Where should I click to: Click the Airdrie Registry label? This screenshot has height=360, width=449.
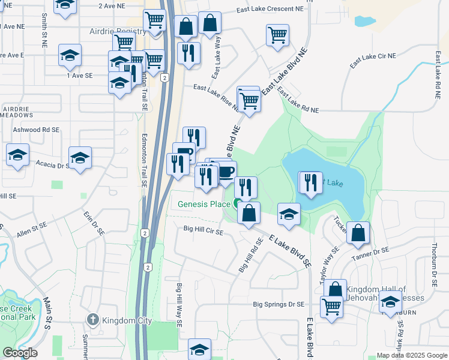[x=117, y=31]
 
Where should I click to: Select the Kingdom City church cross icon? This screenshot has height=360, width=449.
[x=92, y=320]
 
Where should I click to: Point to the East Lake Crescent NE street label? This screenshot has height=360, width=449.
[x=270, y=10]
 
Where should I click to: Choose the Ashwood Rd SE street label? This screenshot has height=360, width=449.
[x=36, y=130]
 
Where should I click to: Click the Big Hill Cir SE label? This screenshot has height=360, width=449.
[x=203, y=230]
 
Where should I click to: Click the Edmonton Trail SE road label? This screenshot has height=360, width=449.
[x=145, y=78]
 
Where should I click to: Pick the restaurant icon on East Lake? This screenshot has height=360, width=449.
[x=310, y=182]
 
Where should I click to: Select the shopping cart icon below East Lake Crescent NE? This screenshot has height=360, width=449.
[x=277, y=36]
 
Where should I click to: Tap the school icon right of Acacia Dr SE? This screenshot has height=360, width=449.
[x=80, y=158]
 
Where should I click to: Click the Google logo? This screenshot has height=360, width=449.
[x=20, y=353]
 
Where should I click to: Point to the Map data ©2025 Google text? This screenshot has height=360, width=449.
[x=411, y=355]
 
